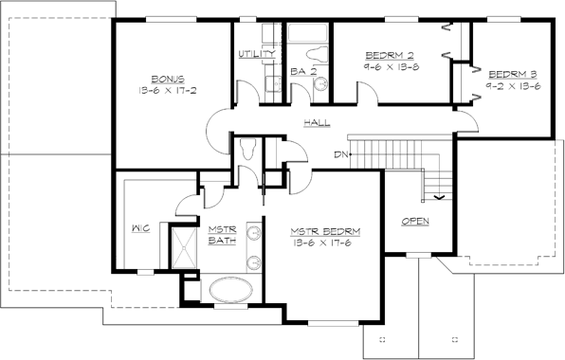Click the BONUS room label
click(x=169, y=79)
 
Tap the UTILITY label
click(x=257, y=54)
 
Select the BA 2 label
click(x=302, y=71)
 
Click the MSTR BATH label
click(x=223, y=233)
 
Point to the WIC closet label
click(x=139, y=228)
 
